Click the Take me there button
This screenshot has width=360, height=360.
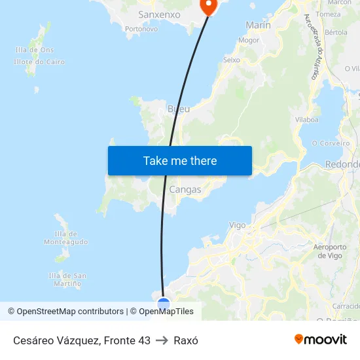(x=180, y=160)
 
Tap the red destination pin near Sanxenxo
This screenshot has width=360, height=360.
(x=208, y=7)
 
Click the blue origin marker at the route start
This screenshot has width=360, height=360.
(x=164, y=304)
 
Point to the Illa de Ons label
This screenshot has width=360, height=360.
(x=34, y=50)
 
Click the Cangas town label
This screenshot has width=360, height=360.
(x=185, y=190)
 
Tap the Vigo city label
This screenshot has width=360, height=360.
(x=238, y=225)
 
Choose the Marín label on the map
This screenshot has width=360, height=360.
(x=258, y=25)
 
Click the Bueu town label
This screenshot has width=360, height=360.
(x=179, y=109)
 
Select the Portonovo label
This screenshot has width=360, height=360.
(x=141, y=29)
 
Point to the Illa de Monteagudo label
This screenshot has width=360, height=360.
(x=65, y=238)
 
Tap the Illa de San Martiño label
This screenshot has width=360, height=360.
(x=67, y=279)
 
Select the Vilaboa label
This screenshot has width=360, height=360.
(x=306, y=120)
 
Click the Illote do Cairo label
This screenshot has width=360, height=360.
(x=39, y=62)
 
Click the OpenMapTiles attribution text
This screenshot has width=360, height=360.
(x=166, y=312)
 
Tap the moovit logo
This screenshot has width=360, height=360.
(x=321, y=340)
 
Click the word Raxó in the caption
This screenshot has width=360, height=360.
(x=186, y=340)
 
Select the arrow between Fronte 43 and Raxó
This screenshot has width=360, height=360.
(x=162, y=340)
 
